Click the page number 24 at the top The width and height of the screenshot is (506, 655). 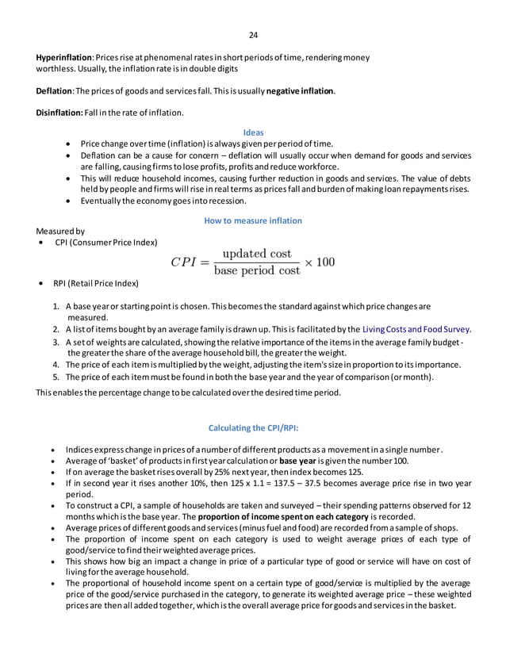tap(253, 35)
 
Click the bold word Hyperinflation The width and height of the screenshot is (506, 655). tap(63, 58)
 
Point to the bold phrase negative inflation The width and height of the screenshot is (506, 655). tap(300, 91)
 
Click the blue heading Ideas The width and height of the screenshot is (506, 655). tap(253, 132)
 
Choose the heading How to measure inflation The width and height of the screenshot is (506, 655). tap(253, 220)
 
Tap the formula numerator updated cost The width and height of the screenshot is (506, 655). tap(257, 254)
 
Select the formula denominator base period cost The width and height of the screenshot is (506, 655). tap(257, 271)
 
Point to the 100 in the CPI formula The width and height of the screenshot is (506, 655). tap(325, 262)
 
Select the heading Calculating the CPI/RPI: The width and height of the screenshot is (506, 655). tap(253, 428)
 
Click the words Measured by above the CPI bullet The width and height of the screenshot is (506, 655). tap(59, 231)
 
